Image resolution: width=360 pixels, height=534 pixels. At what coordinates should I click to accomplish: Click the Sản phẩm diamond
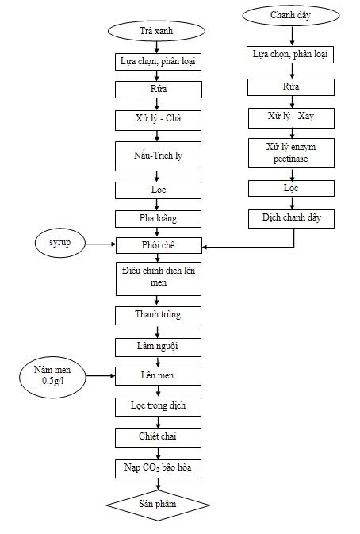pos(158,505)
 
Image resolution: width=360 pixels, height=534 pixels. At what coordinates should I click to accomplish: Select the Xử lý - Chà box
pos(157,121)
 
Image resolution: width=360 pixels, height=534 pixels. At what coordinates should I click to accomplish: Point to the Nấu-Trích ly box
pos(157,156)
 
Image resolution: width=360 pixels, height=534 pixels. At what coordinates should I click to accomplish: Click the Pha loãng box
pos(157,217)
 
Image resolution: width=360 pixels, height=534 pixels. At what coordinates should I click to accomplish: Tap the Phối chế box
pos(157,245)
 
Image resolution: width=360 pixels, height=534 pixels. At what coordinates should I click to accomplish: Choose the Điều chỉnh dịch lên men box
pos(157,279)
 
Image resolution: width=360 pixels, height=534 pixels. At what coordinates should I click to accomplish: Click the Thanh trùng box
pos(157,315)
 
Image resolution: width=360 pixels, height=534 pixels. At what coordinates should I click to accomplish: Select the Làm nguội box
pos(157,347)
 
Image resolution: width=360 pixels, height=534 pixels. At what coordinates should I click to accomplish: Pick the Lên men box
pos(157,375)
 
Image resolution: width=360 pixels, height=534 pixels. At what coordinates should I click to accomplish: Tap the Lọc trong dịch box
pos(157,406)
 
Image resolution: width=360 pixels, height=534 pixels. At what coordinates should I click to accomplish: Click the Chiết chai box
pos(157,437)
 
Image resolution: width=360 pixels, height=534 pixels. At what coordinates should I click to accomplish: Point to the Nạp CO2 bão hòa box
pos(157,468)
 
